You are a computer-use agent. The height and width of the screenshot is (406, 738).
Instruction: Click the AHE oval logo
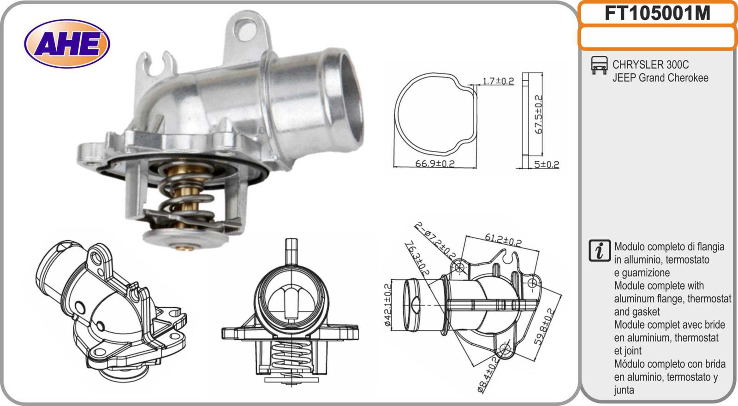tap(67, 43)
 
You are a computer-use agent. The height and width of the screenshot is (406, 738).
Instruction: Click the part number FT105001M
tap(657, 13)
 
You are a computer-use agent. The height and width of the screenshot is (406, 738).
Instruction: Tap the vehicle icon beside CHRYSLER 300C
tap(599, 65)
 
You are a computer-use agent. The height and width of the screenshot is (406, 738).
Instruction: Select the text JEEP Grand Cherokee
tap(660, 78)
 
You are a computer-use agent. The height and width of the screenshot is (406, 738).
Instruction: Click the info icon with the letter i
tap(599, 251)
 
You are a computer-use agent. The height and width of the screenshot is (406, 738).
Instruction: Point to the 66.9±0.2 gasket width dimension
tap(435, 163)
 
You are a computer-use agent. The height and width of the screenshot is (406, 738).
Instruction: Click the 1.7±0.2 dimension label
tap(498, 81)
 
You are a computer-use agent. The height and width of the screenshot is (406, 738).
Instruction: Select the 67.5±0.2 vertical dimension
tap(538, 114)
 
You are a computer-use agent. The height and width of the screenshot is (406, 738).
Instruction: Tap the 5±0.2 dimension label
tap(547, 164)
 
